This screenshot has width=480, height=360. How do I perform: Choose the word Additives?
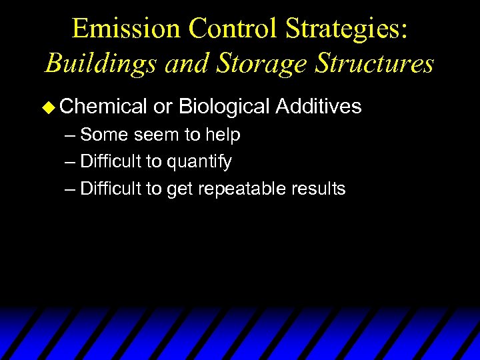[x=319, y=106]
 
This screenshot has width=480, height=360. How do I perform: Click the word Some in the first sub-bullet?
[x=105, y=135]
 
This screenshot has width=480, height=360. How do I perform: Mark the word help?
[x=223, y=135]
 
